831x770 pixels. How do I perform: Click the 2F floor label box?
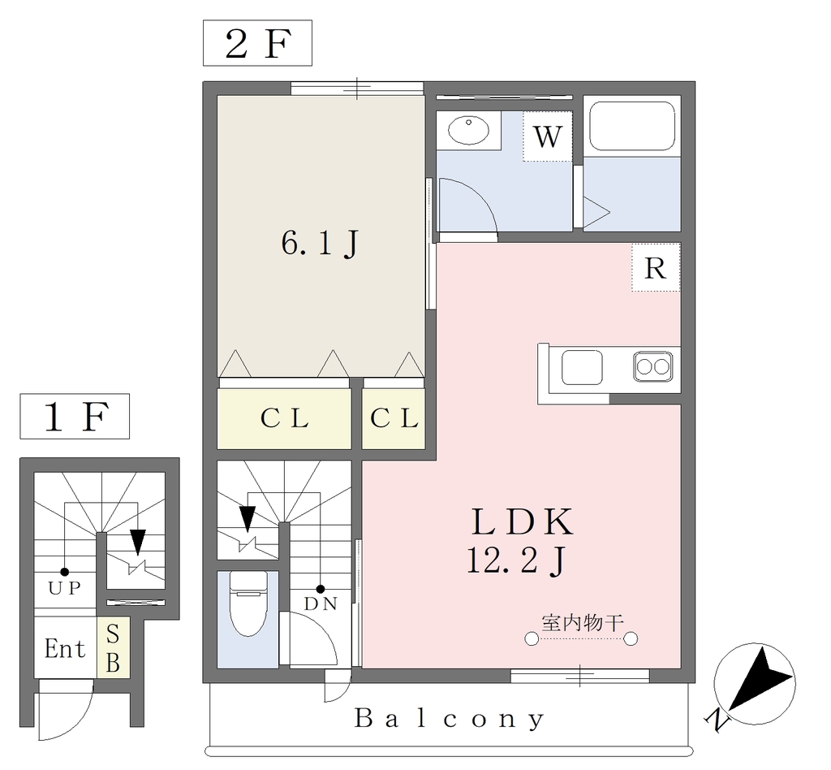coord(257,43)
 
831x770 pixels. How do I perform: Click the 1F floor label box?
coord(75,417)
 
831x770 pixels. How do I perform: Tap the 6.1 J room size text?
coord(320,244)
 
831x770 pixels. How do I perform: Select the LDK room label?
coord(522,521)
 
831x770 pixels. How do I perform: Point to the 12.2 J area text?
coord(517,560)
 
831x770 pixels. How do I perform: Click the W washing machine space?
coord(548,136)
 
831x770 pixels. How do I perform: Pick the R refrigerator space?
coord(656,267)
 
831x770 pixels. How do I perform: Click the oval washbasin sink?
coord(468,129)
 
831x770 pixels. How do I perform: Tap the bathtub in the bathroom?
coord(632,126)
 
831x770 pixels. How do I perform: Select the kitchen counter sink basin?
coord(582,367)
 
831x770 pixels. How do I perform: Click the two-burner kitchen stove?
coord(653,366)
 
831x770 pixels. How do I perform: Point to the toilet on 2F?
coord(248,603)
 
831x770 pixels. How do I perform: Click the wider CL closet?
coord(284,419)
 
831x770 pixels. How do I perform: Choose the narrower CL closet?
coord(394,419)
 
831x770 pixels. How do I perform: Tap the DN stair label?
coord(321,603)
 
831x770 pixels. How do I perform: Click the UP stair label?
coord(65,587)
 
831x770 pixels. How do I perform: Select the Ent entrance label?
coord(65,648)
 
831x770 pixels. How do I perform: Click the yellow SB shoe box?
coord(113,647)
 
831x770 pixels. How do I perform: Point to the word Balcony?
coord(450,719)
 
